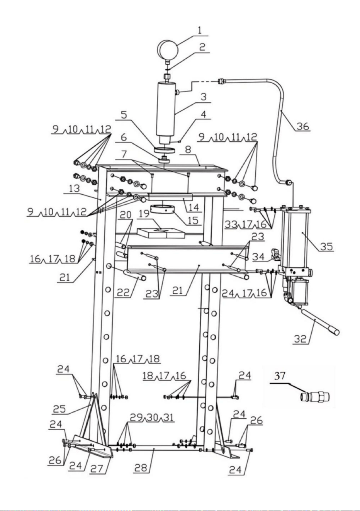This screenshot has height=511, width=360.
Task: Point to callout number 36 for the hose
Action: (x=303, y=126)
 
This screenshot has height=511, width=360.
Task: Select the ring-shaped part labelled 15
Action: (x=163, y=209)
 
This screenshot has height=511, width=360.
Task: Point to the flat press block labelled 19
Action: (x=161, y=233)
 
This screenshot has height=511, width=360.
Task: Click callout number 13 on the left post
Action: (x=75, y=188)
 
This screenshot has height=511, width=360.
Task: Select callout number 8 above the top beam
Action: (x=188, y=149)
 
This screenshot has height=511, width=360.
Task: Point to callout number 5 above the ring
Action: (x=124, y=114)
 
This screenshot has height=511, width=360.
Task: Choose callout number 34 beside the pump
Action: (x=258, y=257)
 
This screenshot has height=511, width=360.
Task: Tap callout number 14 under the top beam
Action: (x=194, y=207)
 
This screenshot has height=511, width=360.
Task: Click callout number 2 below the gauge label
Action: (x=202, y=47)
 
